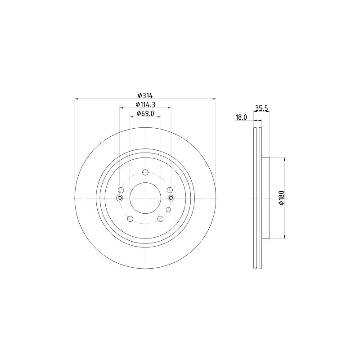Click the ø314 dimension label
[x=145, y=95]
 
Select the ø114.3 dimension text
[x=145, y=104]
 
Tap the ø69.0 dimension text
[x=145, y=114]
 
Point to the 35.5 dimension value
[x=261, y=108]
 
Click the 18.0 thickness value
[x=241, y=117]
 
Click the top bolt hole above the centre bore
[x=145, y=172]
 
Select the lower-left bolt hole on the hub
[x=130, y=219]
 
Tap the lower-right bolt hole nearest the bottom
[x=160, y=219]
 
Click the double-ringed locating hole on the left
[x=120, y=198]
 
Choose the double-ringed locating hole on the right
[x=171, y=198]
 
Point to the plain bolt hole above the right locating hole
[x=170, y=190]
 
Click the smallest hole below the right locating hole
[x=168, y=210]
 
